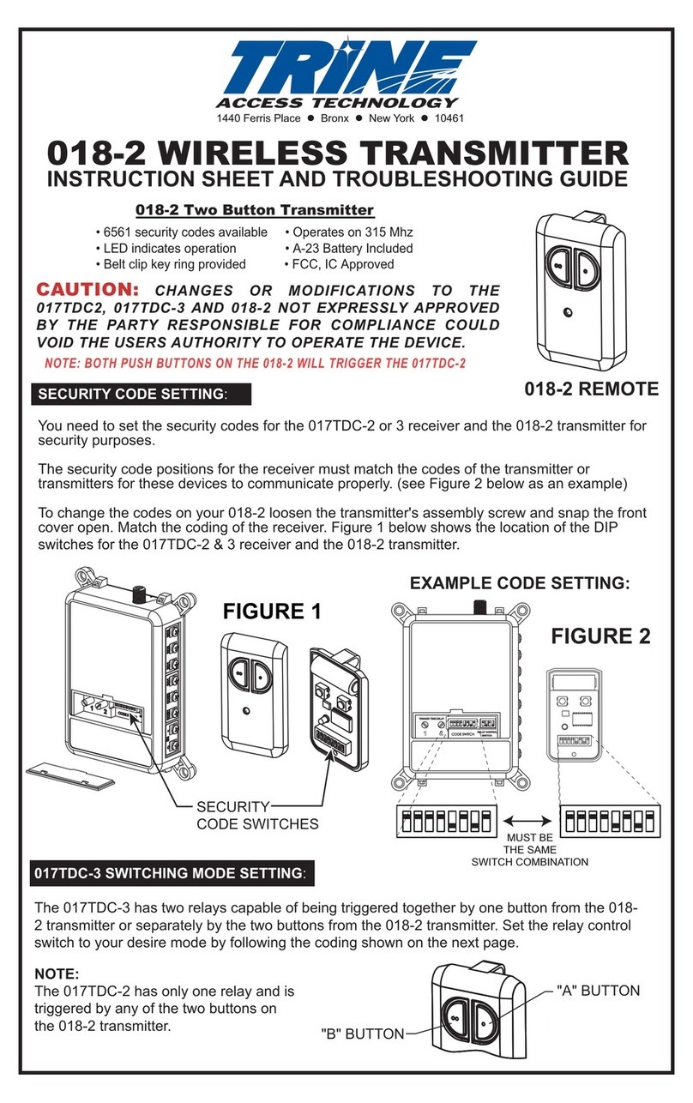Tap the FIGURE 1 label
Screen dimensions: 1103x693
[272, 612]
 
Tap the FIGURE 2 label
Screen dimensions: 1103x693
[600, 636]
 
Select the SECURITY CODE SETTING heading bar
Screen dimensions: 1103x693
[142, 393]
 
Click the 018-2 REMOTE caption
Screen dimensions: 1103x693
[591, 389]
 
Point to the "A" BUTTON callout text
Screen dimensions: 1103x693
[598, 991]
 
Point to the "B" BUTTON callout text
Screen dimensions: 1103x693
[361, 1034]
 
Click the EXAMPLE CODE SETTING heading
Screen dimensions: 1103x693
[520, 582]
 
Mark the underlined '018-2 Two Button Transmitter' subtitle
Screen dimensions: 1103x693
[256, 209]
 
